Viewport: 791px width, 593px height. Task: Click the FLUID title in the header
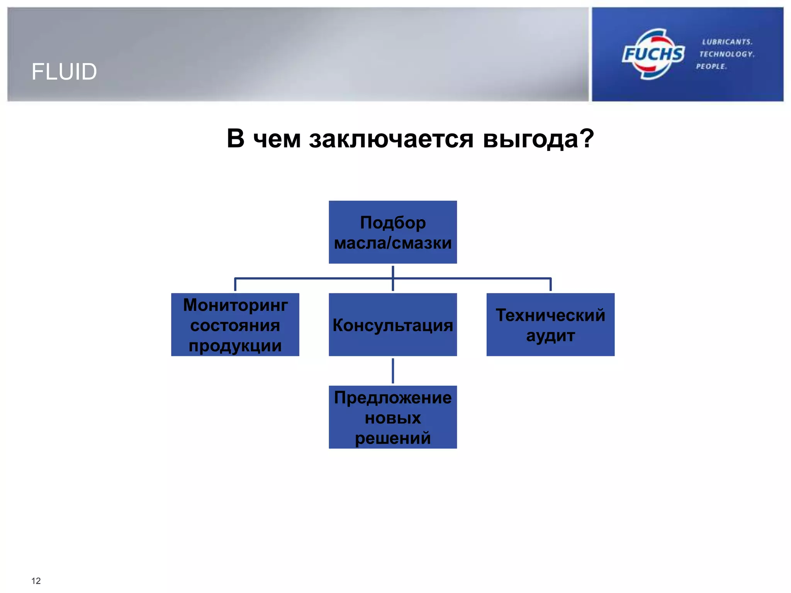(x=64, y=72)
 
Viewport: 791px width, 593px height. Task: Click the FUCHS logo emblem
(x=653, y=54)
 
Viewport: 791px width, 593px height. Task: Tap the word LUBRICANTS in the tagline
(x=727, y=42)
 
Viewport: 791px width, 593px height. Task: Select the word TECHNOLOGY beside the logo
(x=726, y=54)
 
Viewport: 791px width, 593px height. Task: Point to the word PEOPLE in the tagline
(x=711, y=66)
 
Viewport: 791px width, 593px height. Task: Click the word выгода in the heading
(x=538, y=139)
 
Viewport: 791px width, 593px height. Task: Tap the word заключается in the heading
(x=391, y=139)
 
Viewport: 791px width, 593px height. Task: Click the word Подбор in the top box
(x=393, y=223)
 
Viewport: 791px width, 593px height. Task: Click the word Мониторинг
(x=235, y=305)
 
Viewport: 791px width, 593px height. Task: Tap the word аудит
(x=550, y=336)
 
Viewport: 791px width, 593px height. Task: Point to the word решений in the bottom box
(x=393, y=438)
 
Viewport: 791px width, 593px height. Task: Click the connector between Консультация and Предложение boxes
(x=393, y=371)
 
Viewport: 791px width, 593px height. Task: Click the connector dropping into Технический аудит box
(x=550, y=285)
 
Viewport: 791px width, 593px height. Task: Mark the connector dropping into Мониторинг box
(x=235, y=285)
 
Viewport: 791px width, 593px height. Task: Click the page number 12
(x=36, y=581)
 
